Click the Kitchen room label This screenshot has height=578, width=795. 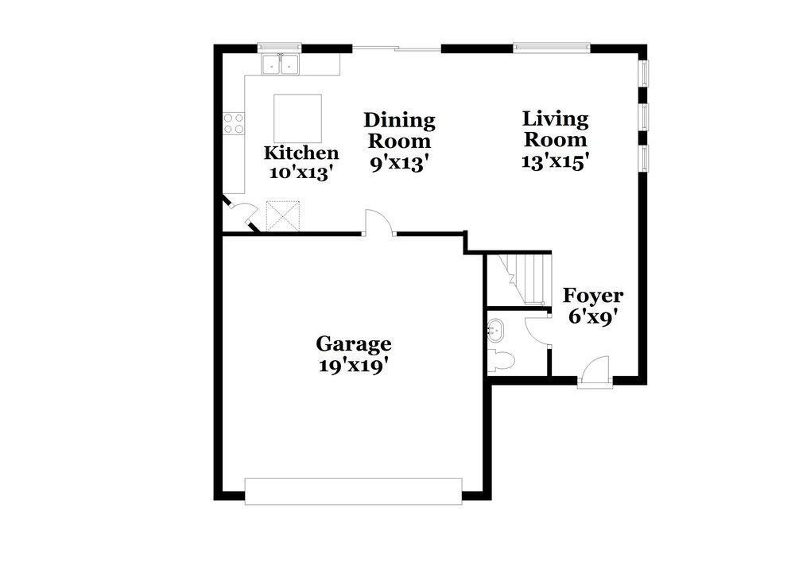click(301, 153)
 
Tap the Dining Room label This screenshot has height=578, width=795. click(399, 130)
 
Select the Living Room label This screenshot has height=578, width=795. click(555, 129)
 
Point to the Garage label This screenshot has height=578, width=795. click(353, 344)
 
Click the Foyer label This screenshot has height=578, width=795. click(593, 296)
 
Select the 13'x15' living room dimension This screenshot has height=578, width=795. click(555, 160)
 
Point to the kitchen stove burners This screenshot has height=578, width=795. click(234, 123)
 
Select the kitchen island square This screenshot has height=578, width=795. click(298, 118)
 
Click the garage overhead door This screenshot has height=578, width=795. click(353, 491)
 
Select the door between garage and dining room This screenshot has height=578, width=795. click(380, 223)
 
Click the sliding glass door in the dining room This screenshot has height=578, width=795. click(397, 49)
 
